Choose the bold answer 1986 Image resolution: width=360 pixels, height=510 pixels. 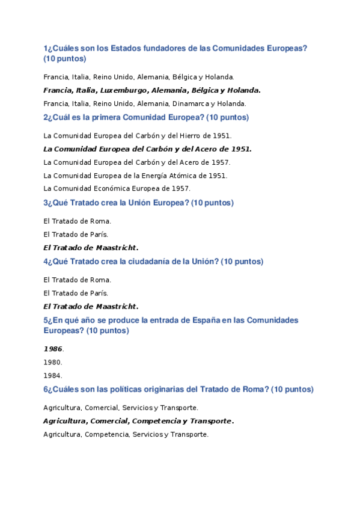click(53, 349)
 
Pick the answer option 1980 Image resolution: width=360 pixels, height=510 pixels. click(52, 362)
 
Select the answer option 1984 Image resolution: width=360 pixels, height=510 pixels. click(52, 375)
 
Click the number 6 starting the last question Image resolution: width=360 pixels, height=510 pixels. click(45, 389)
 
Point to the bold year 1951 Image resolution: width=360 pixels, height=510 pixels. click(240, 149)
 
